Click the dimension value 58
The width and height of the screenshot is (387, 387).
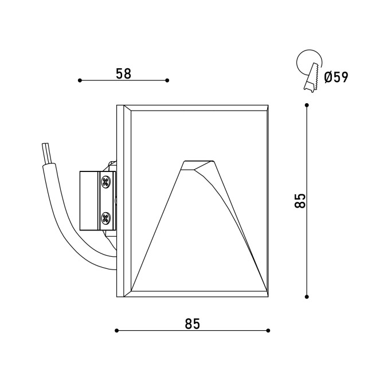(x=123, y=73)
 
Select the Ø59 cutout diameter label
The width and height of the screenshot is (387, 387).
(x=336, y=77)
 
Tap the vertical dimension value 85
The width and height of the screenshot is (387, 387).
(x=300, y=201)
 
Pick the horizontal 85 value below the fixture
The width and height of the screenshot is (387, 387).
(x=192, y=324)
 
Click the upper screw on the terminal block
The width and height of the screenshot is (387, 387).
(x=106, y=181)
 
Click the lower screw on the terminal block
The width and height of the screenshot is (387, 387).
(x=106, y=218)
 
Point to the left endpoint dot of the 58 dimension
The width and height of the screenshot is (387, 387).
(x=80, y=80)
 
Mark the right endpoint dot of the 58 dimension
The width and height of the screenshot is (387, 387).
(x=167, y=80)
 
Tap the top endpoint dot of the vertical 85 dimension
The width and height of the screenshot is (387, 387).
(x=307, y=105)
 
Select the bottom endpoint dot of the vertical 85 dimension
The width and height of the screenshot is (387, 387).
(x=307, y=296)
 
